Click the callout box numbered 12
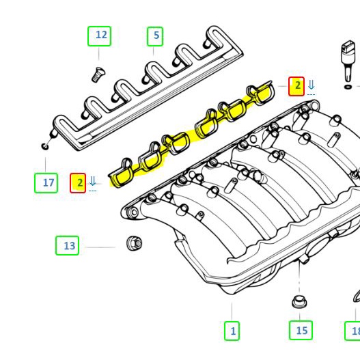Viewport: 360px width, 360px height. (x=101, y=36)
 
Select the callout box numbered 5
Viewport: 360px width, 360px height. (x=156, y=36)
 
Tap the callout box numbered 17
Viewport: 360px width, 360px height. (x=46, y=182)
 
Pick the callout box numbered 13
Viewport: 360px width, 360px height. (x=68, y=245)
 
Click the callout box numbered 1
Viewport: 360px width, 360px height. (x=232, y=331)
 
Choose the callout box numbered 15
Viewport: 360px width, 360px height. (x=301, y=331)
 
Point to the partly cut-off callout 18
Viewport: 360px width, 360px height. (x=354, y=331)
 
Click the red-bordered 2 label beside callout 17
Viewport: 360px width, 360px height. (x=79, y=182)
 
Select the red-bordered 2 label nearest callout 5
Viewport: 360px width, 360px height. (x=296, y=86)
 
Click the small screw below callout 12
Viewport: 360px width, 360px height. (x=98, y=74)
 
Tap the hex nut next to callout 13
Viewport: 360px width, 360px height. (x=133, y=243)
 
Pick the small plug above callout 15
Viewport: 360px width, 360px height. (x=299, y=302)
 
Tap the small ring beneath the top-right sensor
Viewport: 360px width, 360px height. (x=348, y=87)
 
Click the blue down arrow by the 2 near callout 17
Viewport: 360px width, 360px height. (x=92, y=182)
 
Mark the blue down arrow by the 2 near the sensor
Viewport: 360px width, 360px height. (x=311, y=85)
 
